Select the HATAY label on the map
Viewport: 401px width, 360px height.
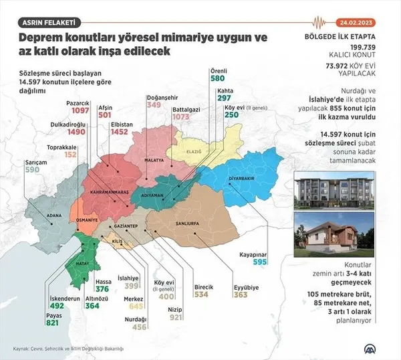point(81,265)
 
